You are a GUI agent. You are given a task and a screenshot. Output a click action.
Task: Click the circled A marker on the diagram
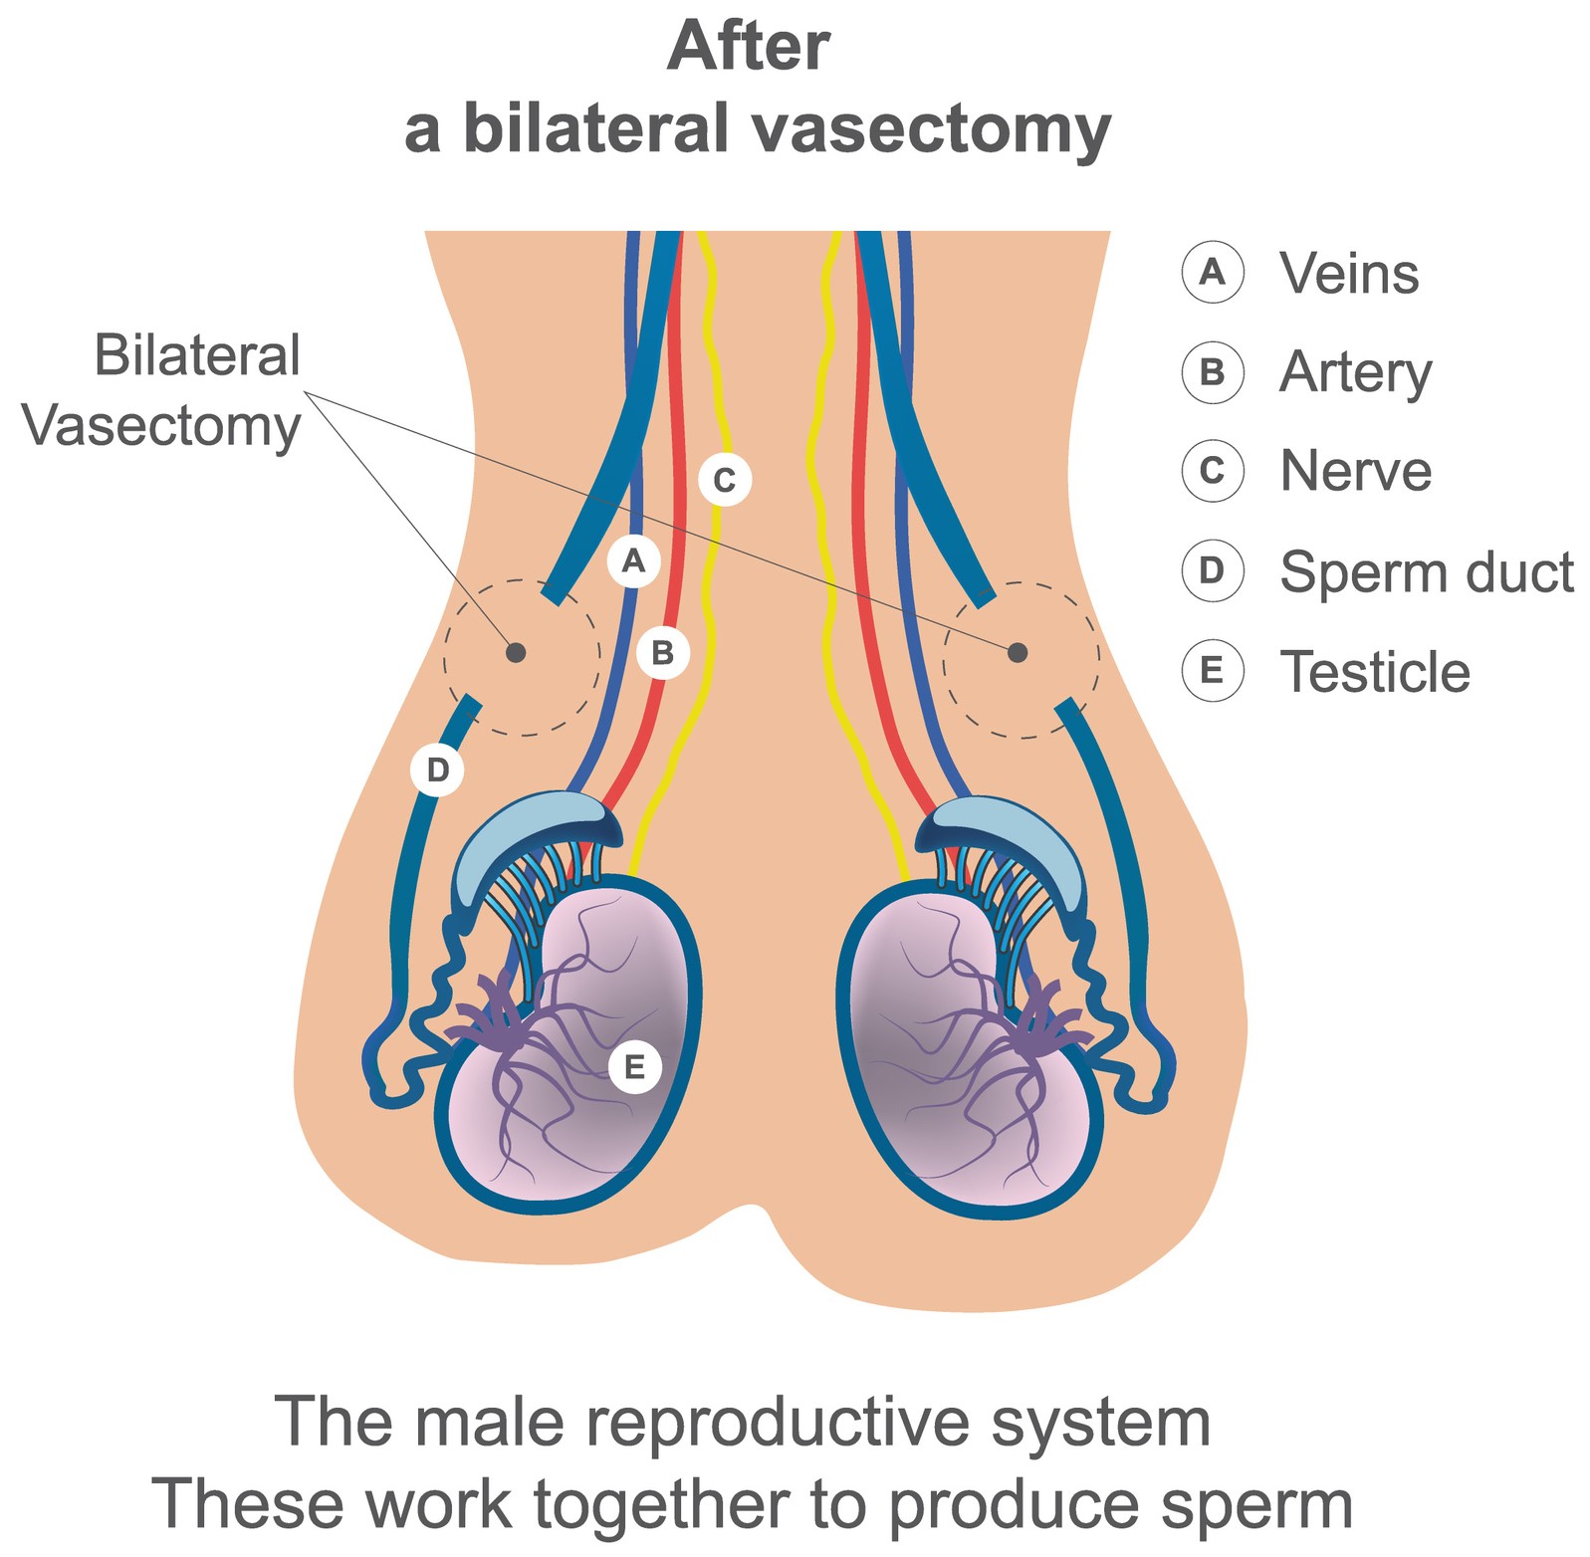633,561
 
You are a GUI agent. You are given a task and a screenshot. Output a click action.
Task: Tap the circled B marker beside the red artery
662,653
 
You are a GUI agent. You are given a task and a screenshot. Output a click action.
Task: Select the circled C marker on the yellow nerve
724,480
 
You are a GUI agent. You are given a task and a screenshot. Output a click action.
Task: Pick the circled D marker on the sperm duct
437,769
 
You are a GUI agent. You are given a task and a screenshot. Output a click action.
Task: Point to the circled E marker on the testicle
633,1067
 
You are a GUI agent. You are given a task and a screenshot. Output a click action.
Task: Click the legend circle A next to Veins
1212,272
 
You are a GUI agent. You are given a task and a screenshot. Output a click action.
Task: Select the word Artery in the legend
1355,372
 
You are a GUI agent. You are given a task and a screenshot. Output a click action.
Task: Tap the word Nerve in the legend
1355,471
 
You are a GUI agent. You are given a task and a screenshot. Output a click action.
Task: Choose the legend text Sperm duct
1426,572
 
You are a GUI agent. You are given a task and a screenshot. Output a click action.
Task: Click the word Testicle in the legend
1374,672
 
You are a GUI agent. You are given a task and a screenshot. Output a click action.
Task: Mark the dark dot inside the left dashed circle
516,653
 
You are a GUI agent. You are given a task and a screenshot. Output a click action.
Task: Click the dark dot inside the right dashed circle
1017,652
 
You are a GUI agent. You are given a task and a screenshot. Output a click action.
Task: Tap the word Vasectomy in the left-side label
161,428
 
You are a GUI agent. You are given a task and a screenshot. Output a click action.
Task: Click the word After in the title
748,47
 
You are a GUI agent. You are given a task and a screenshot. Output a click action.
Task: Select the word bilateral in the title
595,129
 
